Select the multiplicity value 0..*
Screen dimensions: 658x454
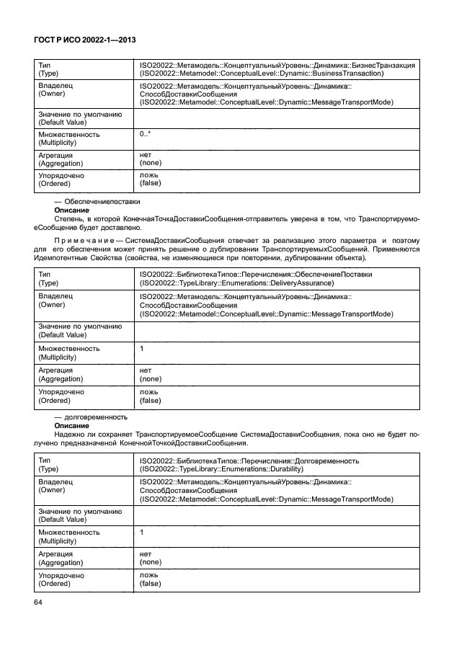pyautogui.click(x=145, y=134)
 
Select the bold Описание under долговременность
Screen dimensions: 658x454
pyautogui.click(x=72, y=425)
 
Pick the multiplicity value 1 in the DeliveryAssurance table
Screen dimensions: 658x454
pyautogui.click(x=142, y=348)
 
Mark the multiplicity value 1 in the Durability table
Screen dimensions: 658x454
pyautogui.click(x=142, y=532)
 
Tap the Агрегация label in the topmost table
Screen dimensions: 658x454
pyautogui.click(x=58, y=155)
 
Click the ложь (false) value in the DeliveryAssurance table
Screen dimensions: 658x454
pyautogui.click(x=150, y=396)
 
